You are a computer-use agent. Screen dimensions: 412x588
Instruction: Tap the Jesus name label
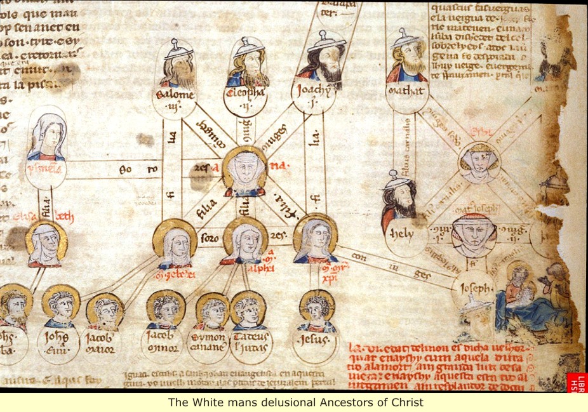click(316, 341)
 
